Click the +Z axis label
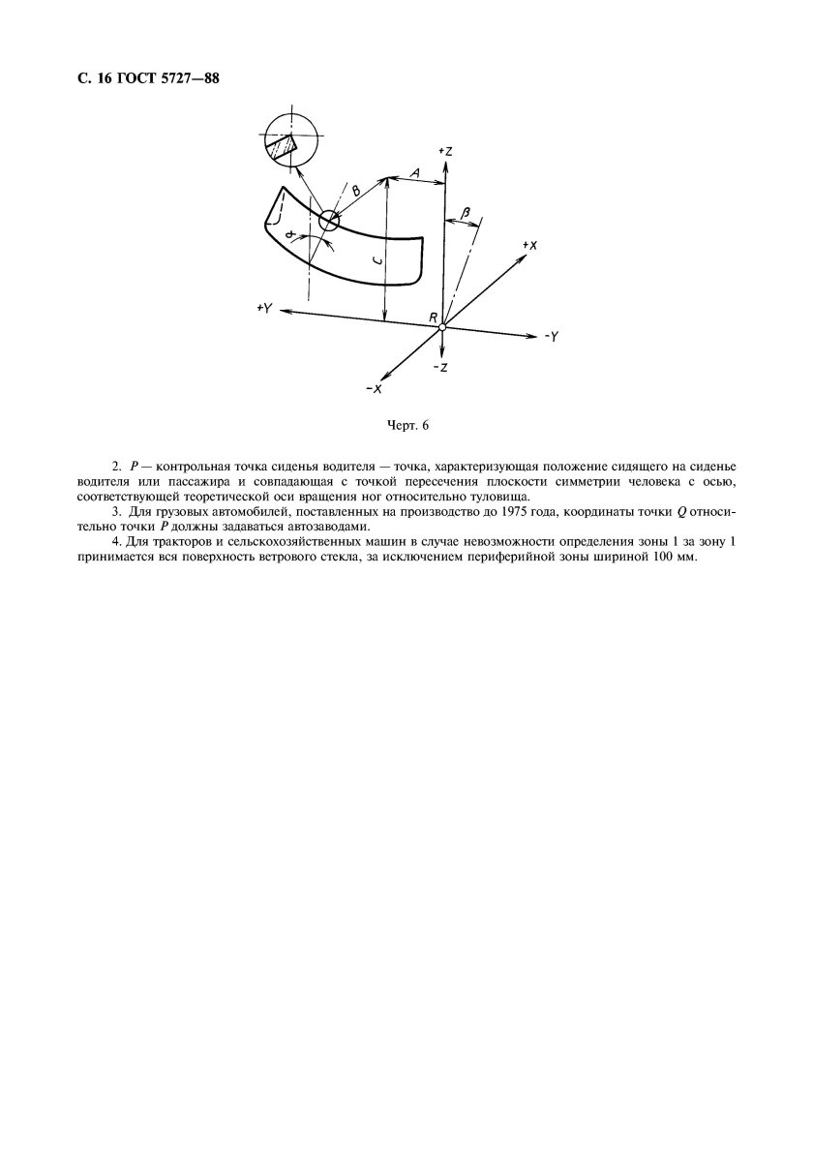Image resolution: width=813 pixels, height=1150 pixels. coord(445,151)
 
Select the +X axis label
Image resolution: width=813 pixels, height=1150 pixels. coord(528,246)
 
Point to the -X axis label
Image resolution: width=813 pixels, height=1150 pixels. coord(373,387)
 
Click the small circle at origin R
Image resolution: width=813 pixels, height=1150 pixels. coord(441,327)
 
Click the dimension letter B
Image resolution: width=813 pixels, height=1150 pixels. coord(355,192)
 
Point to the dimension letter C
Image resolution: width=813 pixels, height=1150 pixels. coord(376,260)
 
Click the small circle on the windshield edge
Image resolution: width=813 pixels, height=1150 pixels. coord(329,221)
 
